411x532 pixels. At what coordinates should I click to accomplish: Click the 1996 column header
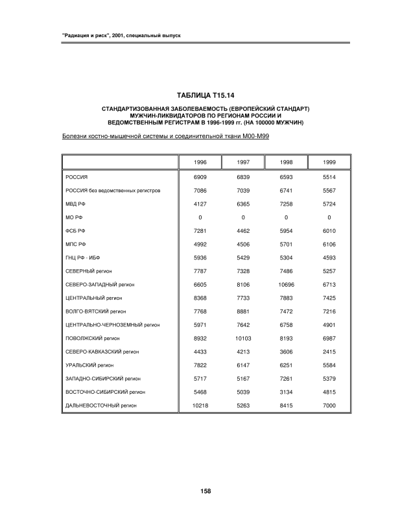pyautogui.click(x=200, y=162)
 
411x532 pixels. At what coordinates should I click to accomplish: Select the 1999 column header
pyautogui.click(x=329, y=162)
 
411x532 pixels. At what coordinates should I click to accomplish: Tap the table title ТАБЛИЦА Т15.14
pyautogui.click(x=205, y=96)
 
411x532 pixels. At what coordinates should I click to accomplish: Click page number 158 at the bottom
pyautogui.click(x=205, y=491)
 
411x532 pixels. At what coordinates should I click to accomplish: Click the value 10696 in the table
pyautogui.click(x=286, y=284)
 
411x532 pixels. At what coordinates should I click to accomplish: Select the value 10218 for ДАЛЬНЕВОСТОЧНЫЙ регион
pyautogui.click(x=200, y=405)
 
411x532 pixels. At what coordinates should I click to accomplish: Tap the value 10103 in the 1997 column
pyautogui.click(x=242, y=338)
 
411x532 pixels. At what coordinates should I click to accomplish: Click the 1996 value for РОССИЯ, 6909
pyautogui.click(x=200, y=176)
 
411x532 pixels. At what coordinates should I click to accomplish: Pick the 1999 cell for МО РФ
pyautogui.click(x=329, y=217)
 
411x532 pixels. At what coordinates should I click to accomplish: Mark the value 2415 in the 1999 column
pyautogui.click(x=329, y=352)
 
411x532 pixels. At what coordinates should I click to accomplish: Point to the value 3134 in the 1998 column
pyautogui.click(x=286, y=392)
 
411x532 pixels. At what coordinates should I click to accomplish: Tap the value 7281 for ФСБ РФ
pyautogui.click(x=200, y=230)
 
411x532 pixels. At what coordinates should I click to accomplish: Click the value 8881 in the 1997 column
pyautogui.click(x=242, y=311)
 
